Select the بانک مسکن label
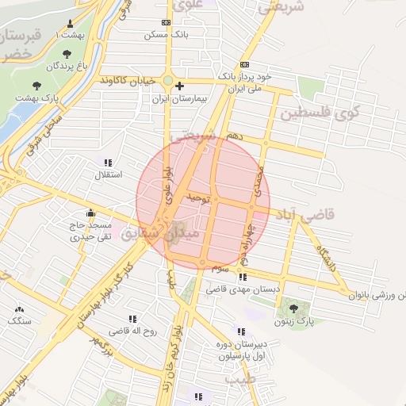[166, 35]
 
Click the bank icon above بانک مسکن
[166, 22]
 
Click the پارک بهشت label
[36, 98]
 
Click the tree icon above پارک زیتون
[294, 308]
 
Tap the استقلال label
[108, 174]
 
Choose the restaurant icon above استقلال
[108, 162]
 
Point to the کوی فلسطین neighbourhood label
[325, 112]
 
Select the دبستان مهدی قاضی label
[243, 290]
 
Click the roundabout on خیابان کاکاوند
[168, 81]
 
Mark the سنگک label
[18, 321]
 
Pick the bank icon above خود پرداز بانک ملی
[244, 63]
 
